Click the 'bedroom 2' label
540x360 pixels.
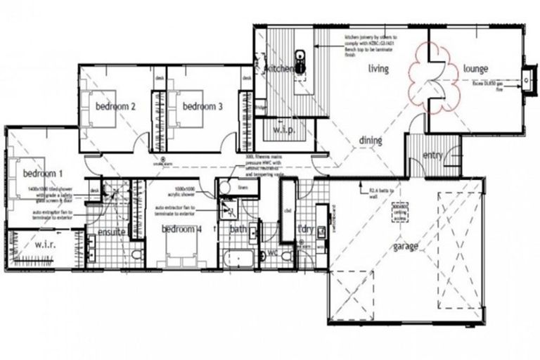(x=115, y=106)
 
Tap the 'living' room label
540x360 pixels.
(x=379, y=68)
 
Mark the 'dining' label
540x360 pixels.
(x=371, y=141)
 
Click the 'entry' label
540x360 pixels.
(x=432, y=155)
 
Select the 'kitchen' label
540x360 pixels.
(x=279, y=69)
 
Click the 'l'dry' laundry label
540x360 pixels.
(x=305, y=229)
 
